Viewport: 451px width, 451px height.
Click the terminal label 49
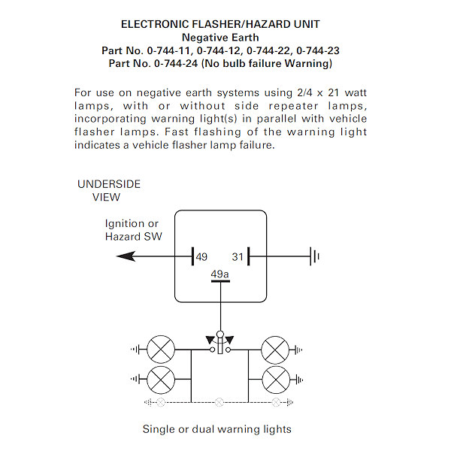point(201,257)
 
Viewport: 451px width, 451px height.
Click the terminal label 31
point(238,257)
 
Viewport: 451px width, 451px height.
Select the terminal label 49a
point(219,274)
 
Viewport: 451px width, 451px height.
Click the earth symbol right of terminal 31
point(314,257)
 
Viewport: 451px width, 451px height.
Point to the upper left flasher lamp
point(161,350)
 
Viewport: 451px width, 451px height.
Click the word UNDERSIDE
point(109,184)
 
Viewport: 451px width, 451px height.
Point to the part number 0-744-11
point(168,50)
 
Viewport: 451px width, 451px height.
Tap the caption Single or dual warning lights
point(216,430)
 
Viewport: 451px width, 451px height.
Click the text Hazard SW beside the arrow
point(132,237)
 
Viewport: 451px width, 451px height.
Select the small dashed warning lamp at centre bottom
point(219,403)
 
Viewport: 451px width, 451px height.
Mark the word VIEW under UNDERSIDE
point(106,198)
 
